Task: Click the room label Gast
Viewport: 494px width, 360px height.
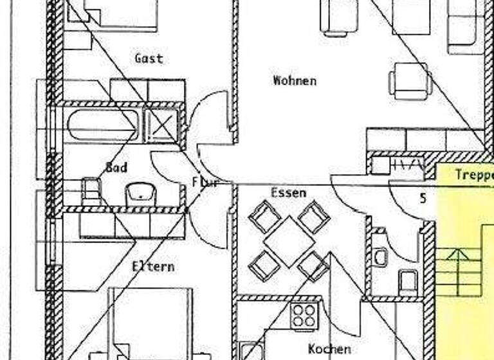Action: click(x=149, y=59)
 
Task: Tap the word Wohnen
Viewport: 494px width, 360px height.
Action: click(x=295, y=81)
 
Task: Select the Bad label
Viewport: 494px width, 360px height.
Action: click(x=116, y=168)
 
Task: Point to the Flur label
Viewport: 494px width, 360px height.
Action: click(x=205, y=182)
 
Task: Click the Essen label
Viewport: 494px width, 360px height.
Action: click(x=288, y=192)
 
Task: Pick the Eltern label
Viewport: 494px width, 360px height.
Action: click(x=153, y=266)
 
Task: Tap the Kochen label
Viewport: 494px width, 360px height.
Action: click(x=329, y=349)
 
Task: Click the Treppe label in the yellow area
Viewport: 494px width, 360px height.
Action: click(x=473, y=175)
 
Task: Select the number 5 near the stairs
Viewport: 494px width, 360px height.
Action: click(x=423, y=199)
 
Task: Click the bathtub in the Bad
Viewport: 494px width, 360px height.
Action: click(x=103, y=125)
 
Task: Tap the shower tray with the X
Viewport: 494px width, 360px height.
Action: click(x=161, y=125)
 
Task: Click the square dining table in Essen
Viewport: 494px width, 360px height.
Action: click(x=289, y=241)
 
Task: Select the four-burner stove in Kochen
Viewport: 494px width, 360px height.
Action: click(x=304, y=316)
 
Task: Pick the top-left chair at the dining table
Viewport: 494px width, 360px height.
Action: click(x=264, y=217)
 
